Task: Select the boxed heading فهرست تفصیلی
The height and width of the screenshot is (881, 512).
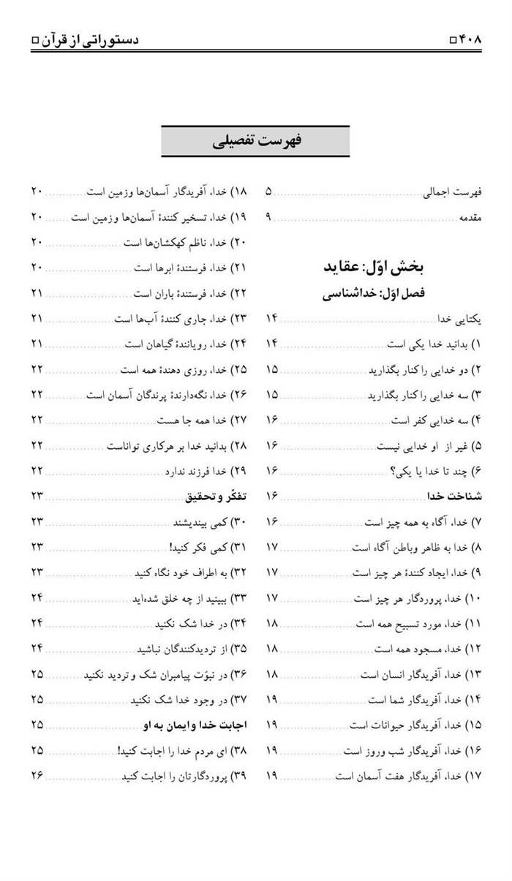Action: (255, 141)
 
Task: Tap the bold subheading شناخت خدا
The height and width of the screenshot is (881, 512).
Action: (456, 496)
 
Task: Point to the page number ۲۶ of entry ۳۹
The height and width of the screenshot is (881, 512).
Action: (37, 774)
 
